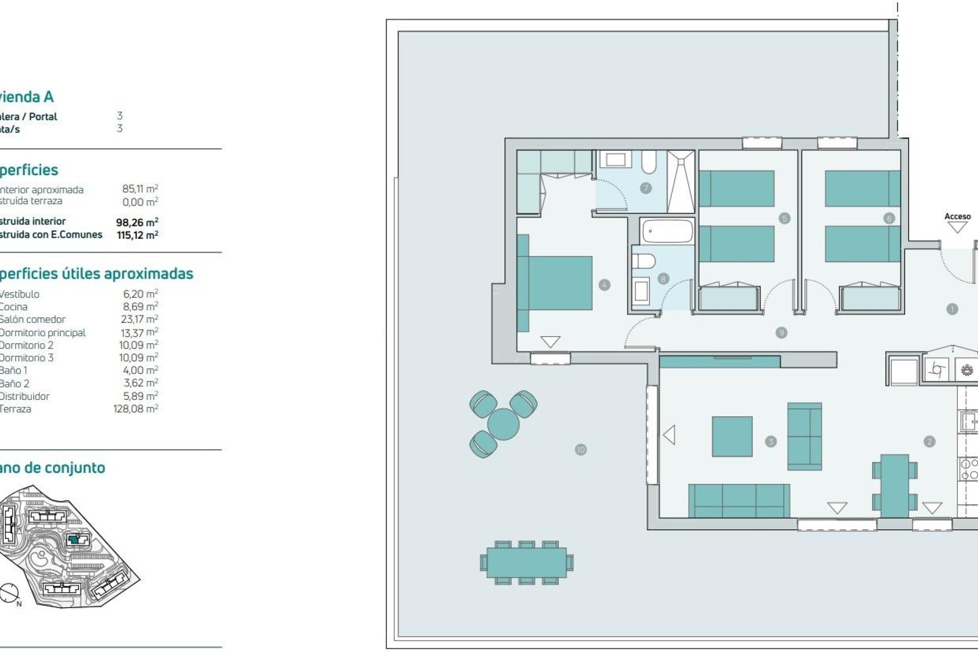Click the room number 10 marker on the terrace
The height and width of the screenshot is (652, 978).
(x=581, y=449)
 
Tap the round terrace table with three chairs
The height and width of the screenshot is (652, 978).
(x=503, y=423)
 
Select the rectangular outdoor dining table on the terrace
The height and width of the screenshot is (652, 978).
(x=526, y=562)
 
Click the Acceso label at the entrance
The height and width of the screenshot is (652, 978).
(x=957, y=216)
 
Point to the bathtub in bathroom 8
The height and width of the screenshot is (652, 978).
(x=667, y=231)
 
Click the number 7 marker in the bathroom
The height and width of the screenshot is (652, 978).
(x=645, y=188)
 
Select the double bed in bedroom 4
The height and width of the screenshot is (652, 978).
(x=555, y=283)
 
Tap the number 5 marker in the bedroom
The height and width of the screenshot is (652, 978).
(x=784, y=219)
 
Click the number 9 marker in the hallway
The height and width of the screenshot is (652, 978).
(x=781, y=333)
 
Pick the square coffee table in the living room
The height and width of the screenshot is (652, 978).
(x=732, y=437)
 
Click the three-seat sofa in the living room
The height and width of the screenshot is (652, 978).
(x=739, y=501)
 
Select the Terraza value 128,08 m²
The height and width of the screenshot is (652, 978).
(x=135, y=409)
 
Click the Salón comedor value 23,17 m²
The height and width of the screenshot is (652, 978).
(x=139, y=319)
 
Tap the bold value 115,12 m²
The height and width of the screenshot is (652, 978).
(x=138, y=235)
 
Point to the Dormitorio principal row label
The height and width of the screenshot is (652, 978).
(x=43, y=333)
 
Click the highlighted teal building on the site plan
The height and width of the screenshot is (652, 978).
(x=75, y=539)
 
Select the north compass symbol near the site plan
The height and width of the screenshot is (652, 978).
(x=9, y=593)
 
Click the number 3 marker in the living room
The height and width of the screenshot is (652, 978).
(x=770, y=442)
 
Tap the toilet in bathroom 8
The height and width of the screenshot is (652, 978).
(x=643, y=261)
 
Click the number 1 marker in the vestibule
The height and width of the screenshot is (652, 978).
(x=952, y=309)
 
